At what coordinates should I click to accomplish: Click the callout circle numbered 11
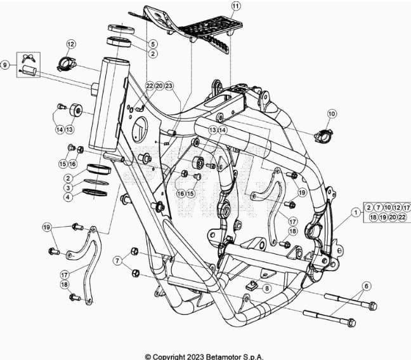point(236,6)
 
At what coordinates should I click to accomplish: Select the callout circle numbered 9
point(4,65)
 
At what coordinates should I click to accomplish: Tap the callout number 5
point(153,44)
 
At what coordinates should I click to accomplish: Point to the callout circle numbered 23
point(169,86)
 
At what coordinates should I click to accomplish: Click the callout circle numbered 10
point(332,114)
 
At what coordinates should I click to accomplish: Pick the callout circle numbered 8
point(266,289)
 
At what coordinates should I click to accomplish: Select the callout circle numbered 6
point(367,286)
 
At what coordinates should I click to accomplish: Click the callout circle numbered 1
point(356,212)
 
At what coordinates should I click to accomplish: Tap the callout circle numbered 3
point(68,187)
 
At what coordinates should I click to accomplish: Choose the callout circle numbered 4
point(68,197)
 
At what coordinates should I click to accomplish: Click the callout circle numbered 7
point(117,260)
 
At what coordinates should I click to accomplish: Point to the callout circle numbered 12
point(71,44)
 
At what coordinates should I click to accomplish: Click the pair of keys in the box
point(29,58)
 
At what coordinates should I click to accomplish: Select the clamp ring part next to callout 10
point(323,135)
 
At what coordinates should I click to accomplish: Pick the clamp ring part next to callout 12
point(67,63)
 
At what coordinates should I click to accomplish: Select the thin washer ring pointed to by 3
point(96,182)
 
